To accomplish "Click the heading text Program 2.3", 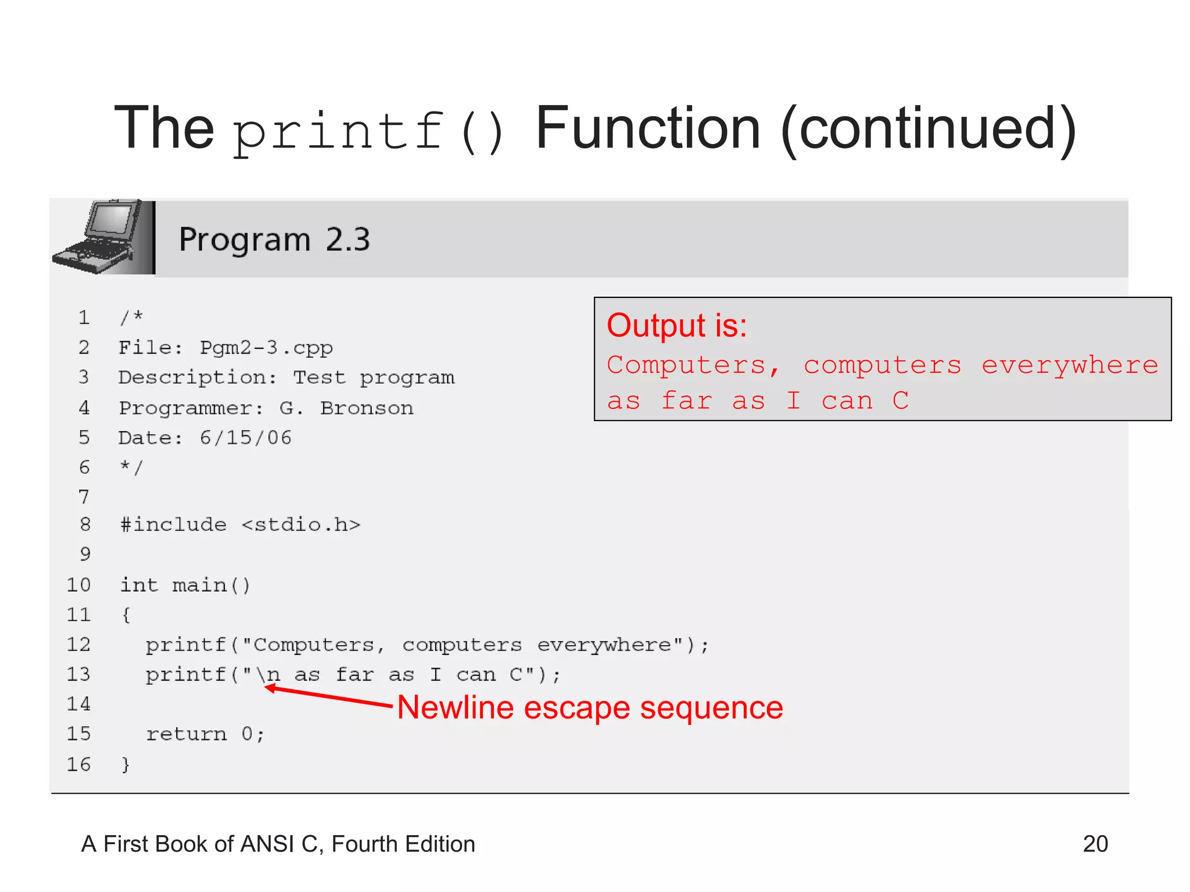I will tap(274, 240).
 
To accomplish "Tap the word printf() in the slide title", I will tap(368, 131).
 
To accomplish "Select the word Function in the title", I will tap(647, 129).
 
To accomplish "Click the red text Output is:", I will tap(676, 325).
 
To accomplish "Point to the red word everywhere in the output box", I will tap(1069, 366).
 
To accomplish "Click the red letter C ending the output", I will tap(900, 401).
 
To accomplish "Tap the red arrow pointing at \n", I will tap(328, 697).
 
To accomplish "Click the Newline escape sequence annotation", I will tap(590, 708).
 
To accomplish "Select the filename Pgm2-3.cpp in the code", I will tap(266, 348).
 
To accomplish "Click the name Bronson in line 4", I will tap(367, 408).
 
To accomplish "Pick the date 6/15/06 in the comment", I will tap(245, 438).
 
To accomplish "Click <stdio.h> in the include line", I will tap(300, 525).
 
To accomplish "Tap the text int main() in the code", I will tap(185, 585).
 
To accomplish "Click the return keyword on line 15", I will tap(186, 735).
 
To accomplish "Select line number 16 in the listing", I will tap(78, 764).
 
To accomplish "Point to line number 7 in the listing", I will tap(84, 497).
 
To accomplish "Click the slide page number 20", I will tap(1095, 844).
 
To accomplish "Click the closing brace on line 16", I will tap(125, 765).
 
